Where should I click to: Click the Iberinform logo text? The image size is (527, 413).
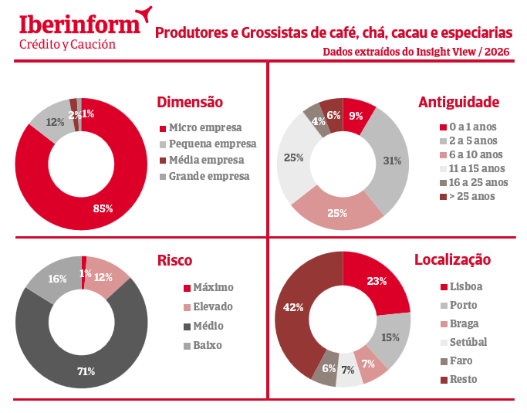click(79, 23)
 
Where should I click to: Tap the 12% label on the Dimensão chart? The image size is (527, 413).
click(55, 122)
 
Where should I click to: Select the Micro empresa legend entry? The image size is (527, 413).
click(204, 127)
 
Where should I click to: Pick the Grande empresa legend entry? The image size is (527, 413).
click(208, 176)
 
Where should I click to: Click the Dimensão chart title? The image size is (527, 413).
click(189, 102)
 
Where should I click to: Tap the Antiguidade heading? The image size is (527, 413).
click(458, 102)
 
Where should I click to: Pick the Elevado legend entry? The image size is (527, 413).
click(212, 306)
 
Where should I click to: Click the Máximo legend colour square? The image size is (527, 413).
click(186, 288)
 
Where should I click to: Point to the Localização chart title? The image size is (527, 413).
click(452, 260)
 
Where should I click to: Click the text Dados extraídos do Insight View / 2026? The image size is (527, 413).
click(417, 52)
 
